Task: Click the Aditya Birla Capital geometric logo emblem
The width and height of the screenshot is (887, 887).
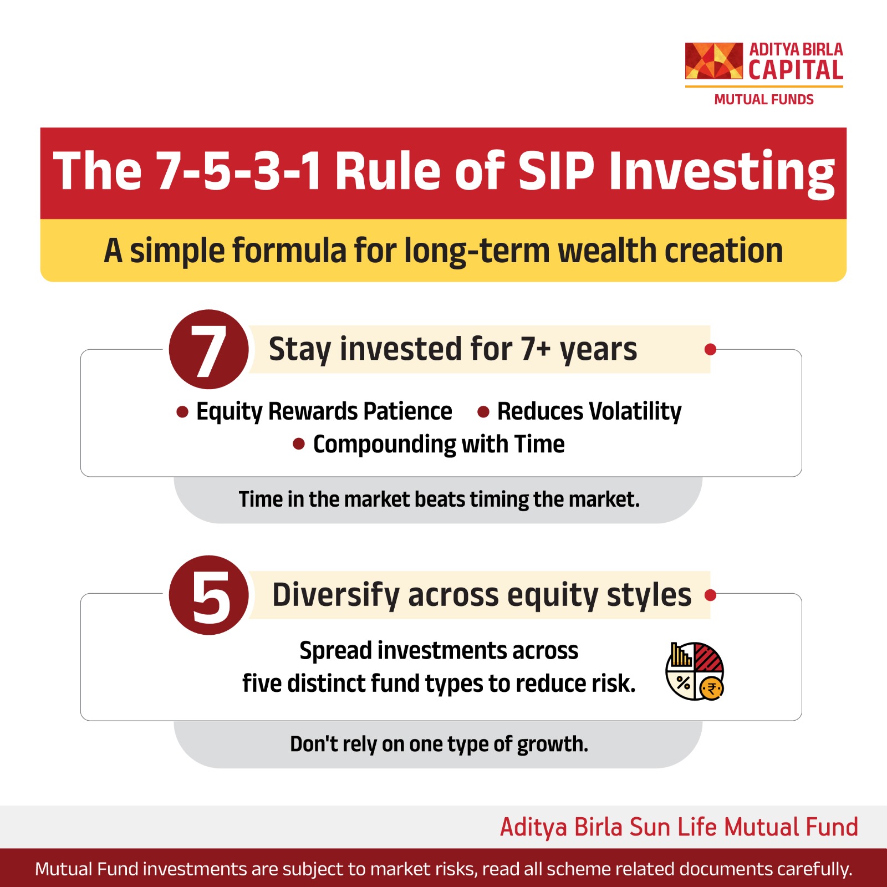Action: (713, 60)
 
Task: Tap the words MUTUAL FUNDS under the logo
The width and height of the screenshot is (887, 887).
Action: (763, 100)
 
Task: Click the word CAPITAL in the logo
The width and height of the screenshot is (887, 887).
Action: (796, 70)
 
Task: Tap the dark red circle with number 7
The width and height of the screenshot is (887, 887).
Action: (209, 349)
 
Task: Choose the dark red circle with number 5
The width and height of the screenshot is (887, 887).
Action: (209, 595)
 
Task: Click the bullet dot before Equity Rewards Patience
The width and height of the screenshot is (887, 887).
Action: (182, 412)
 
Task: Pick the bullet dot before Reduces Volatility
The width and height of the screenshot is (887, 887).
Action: (483, 412)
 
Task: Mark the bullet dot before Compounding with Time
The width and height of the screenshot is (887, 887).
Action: (299, 444)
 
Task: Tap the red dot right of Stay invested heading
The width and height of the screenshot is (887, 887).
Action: (710, 349)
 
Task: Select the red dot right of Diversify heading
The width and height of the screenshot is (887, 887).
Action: (710, 595)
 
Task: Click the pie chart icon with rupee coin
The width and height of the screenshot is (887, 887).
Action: (695, 671)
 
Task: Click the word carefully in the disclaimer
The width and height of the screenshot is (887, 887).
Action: (814, 869)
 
